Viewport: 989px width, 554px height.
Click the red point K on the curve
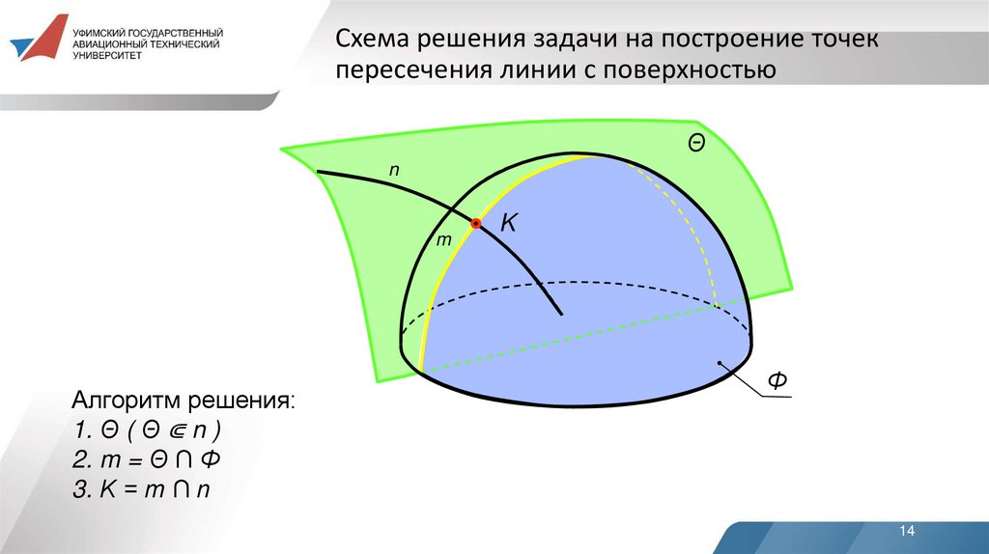click(x=476, y=224)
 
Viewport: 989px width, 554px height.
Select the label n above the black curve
click(x=394, y=170)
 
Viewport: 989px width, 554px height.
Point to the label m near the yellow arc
click(x=444, y=239)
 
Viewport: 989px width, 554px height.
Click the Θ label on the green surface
click(x=695, y=143)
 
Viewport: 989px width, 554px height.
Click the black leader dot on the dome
click(x=721, y=363)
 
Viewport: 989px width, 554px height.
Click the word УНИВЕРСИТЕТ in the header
click(x=106, y=55)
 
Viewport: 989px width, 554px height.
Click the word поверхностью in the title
click(x=701, y=70)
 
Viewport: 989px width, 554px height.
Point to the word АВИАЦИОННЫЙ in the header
click(x=107, y=43)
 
